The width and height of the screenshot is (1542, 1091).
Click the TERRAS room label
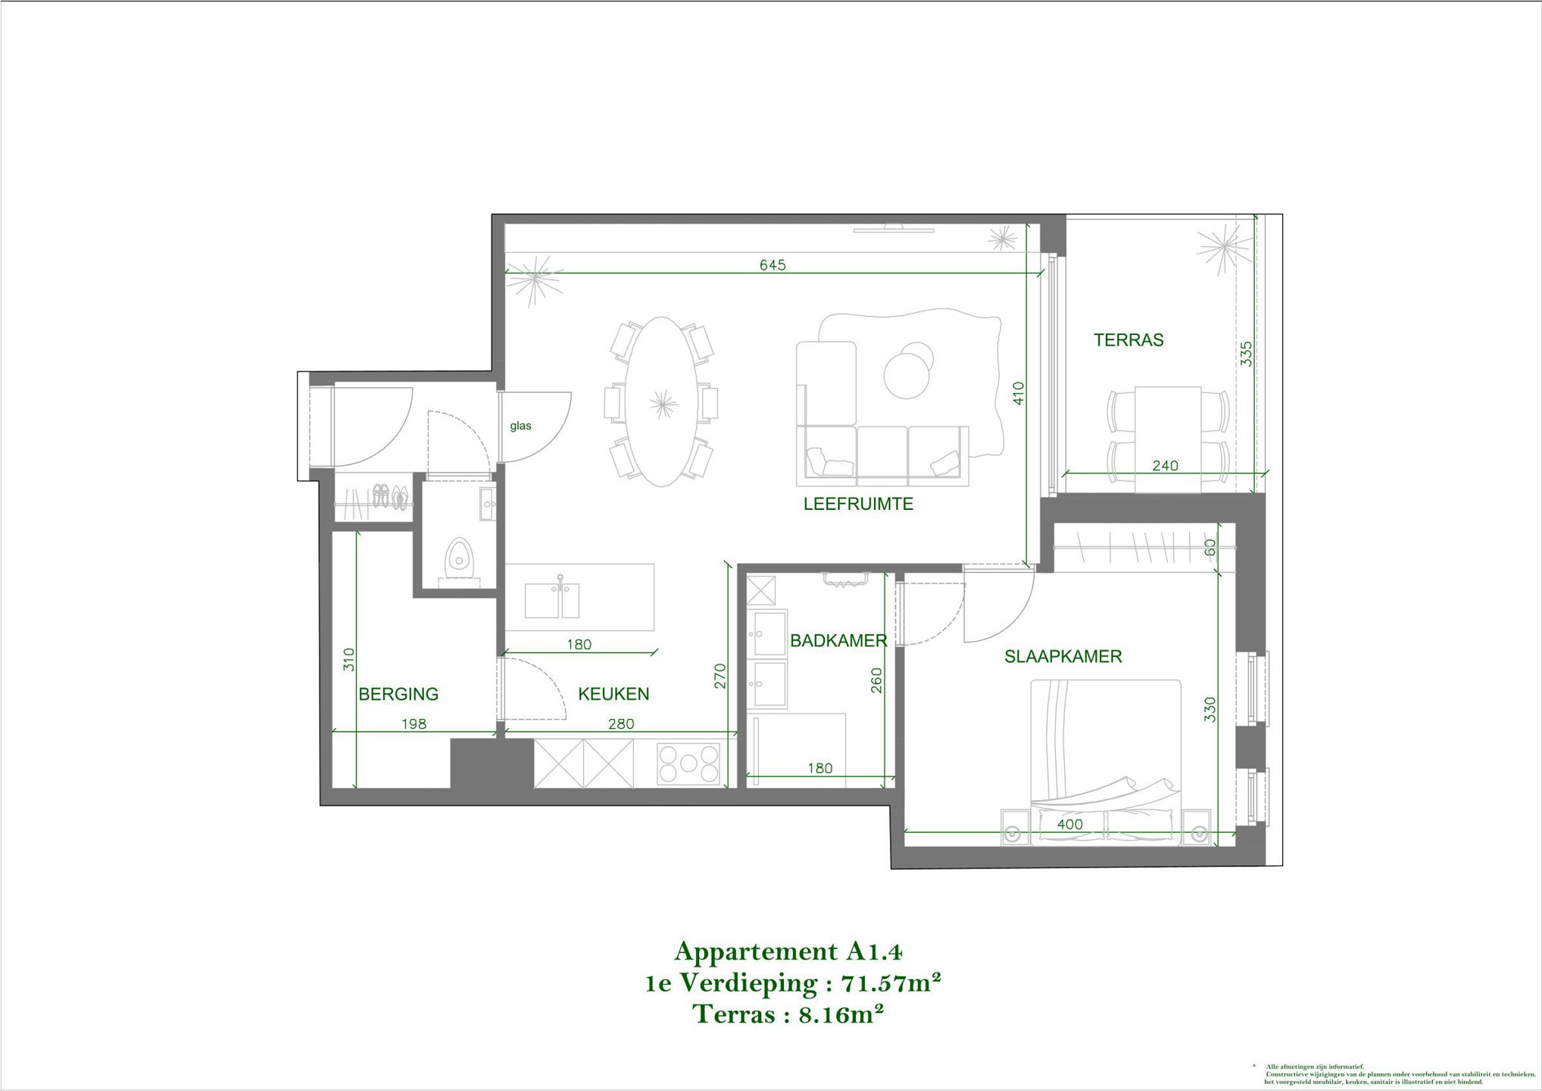(x=1128, y=340)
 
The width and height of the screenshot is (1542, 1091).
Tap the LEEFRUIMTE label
(x=858, y=504)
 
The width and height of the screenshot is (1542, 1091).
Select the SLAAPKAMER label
(x=1063, y=657)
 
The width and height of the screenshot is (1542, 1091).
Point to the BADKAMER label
(x=838, y=641)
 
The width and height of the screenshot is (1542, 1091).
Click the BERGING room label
(x=398, y=694)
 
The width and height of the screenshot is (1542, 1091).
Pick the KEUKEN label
(x=613, y=694)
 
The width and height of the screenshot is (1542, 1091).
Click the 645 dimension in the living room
(x=773, y=265)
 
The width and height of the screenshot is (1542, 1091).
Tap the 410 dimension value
(x=1019, y=392)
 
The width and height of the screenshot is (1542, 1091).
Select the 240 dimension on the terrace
(x=1165, y=466)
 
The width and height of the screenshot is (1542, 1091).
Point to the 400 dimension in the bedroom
(x=1069, y=824)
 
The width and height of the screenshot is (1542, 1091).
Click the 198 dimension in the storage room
(x=414, y=724)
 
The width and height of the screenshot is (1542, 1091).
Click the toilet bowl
(x=458, y=555)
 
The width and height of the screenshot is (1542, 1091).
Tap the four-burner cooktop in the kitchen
(x=688, y=764)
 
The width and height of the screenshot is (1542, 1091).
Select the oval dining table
(x=663, y=402)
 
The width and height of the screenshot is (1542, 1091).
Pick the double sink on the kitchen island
(x=552, y=600)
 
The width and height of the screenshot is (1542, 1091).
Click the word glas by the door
(x=520, y=426)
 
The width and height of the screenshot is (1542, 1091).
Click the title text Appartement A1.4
(x=788, y=952)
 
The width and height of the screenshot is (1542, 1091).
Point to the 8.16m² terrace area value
(x=841, y=1014)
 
